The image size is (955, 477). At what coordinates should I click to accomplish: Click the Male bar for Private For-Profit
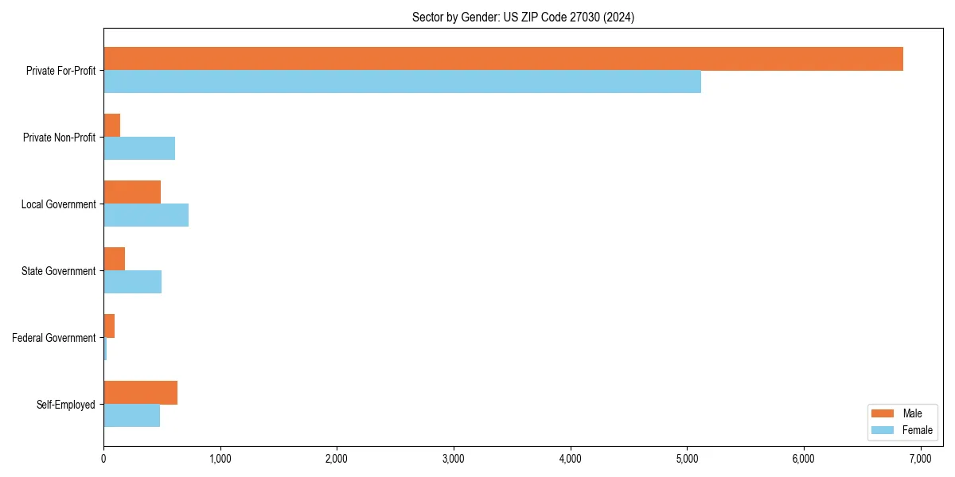click(503, 59)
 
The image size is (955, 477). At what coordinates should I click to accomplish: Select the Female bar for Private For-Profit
click(402, 81)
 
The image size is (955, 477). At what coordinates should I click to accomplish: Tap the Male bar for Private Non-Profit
click(112, 126)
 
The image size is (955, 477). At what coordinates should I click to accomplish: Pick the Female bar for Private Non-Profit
click(139, 148)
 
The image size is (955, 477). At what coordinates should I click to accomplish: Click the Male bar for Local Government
click(132, 192)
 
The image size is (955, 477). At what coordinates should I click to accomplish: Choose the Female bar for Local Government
click(146, 215)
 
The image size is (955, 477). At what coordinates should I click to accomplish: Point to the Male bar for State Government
click(115, 259)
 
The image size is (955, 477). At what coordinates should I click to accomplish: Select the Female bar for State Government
click(132, 281)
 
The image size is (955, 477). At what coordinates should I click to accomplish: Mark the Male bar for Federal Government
click(109, 326)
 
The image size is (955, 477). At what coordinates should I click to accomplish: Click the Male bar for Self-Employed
click(140, 393)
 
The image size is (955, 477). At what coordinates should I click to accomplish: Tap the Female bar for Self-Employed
click(131, 415)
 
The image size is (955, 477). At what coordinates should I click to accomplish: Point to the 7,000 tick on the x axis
click(920, 458)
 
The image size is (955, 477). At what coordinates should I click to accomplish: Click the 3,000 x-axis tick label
click(454, 458)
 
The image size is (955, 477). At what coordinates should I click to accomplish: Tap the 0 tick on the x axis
click(103, 458)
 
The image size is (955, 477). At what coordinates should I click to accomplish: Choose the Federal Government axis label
click(54, 338)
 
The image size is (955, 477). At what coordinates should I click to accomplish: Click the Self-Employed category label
click(66, 405)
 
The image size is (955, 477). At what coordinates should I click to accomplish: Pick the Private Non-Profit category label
click(59, 138)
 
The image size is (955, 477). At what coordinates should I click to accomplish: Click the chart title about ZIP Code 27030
click(523, 17)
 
